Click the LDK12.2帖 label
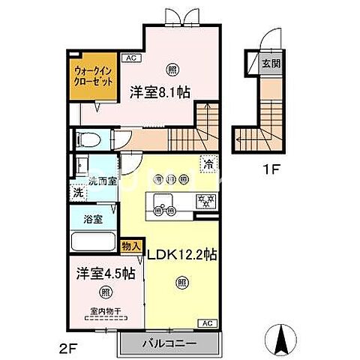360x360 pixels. (x=181, y=255)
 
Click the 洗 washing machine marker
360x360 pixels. (x=77, y=192)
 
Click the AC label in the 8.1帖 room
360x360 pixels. (x=130, y=57)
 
